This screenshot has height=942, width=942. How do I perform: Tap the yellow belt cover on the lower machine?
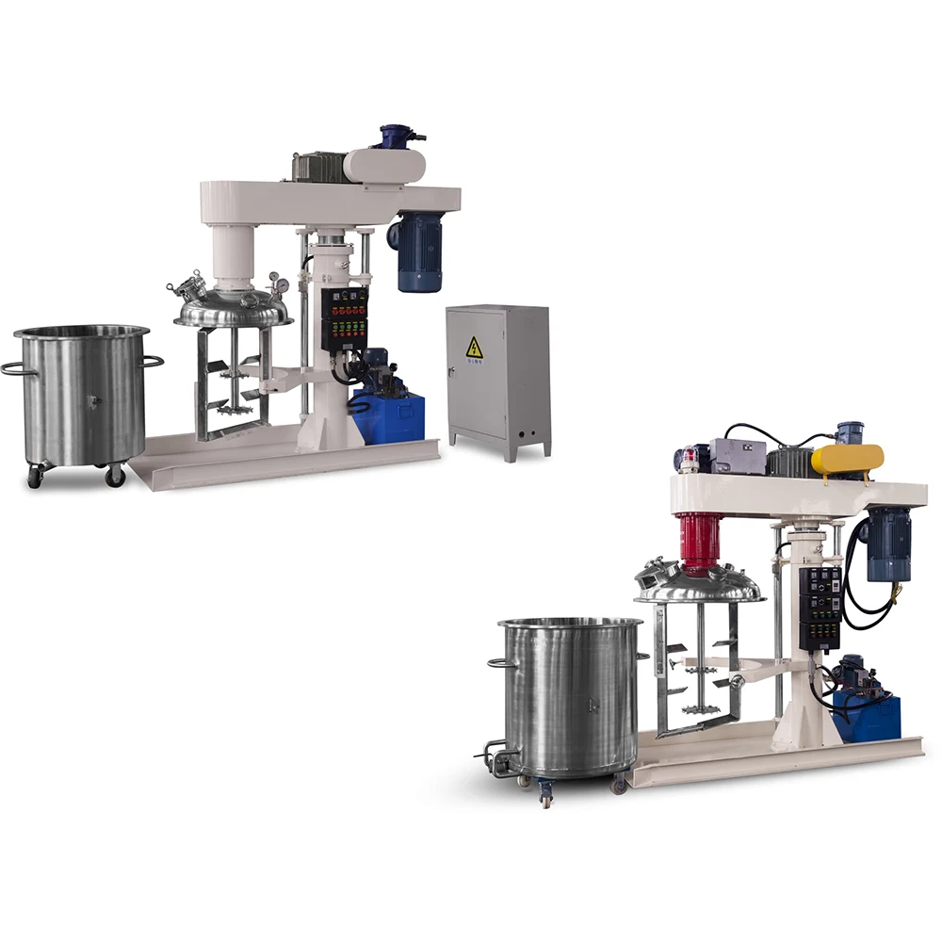[x=847, y=459]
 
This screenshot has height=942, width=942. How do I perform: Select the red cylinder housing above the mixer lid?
[x=700, y=542]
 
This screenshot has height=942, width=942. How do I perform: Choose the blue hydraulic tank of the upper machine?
[x=387, y=418]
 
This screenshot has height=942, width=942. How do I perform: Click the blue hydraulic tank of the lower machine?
[x=867, y=716]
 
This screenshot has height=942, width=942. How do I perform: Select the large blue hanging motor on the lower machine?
[x=888, y=544]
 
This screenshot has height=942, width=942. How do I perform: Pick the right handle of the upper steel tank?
[x=154, y=360]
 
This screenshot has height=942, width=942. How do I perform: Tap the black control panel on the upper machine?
[x=344, y=319]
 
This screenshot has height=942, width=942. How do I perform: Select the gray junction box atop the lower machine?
[x=735, y=455]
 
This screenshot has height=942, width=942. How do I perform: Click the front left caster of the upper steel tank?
[x=36, y=476]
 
